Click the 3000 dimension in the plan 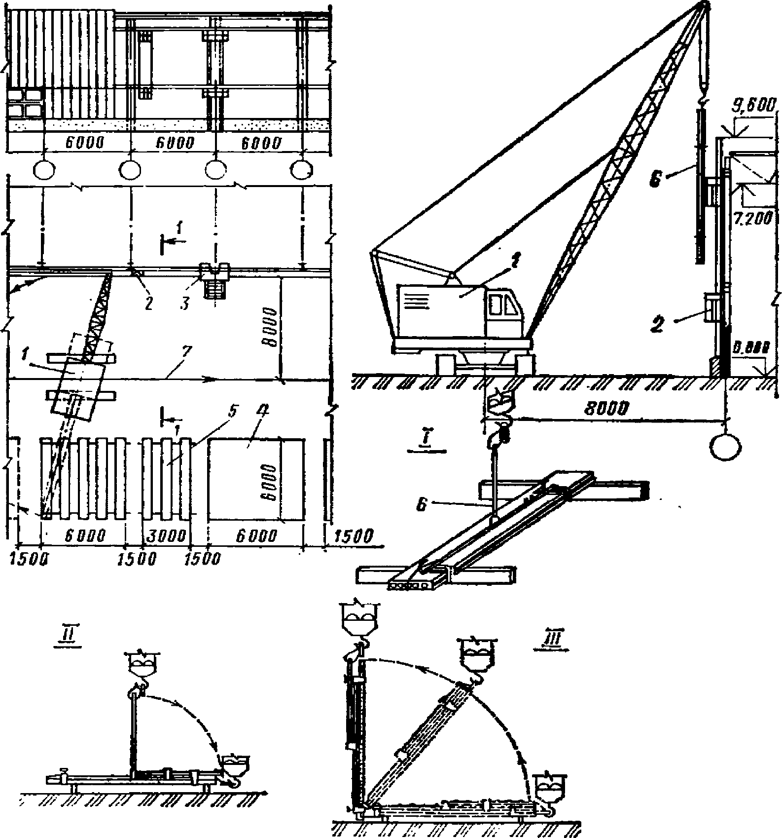coord(167,535)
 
